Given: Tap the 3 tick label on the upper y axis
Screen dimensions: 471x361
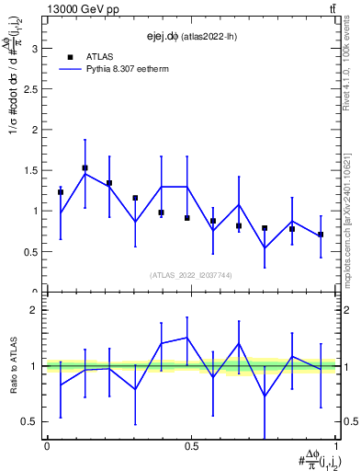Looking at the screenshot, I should click(x=35, y=49).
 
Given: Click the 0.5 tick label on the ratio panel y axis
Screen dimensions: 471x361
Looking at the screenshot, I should click(x=31, y=421).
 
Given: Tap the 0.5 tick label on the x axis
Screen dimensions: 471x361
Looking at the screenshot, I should click(x=192, y=446).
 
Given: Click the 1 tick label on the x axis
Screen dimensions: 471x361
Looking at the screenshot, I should click(x=336, y=446).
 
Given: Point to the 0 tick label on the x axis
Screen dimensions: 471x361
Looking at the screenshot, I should click(x=47, y=446).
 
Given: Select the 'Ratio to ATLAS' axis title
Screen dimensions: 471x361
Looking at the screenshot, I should click(x=13, y=365).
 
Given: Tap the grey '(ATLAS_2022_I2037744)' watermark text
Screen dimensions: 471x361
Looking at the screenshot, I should click(x=191, y=275).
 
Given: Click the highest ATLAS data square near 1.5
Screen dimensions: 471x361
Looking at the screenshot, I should click(x=85, y=168).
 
